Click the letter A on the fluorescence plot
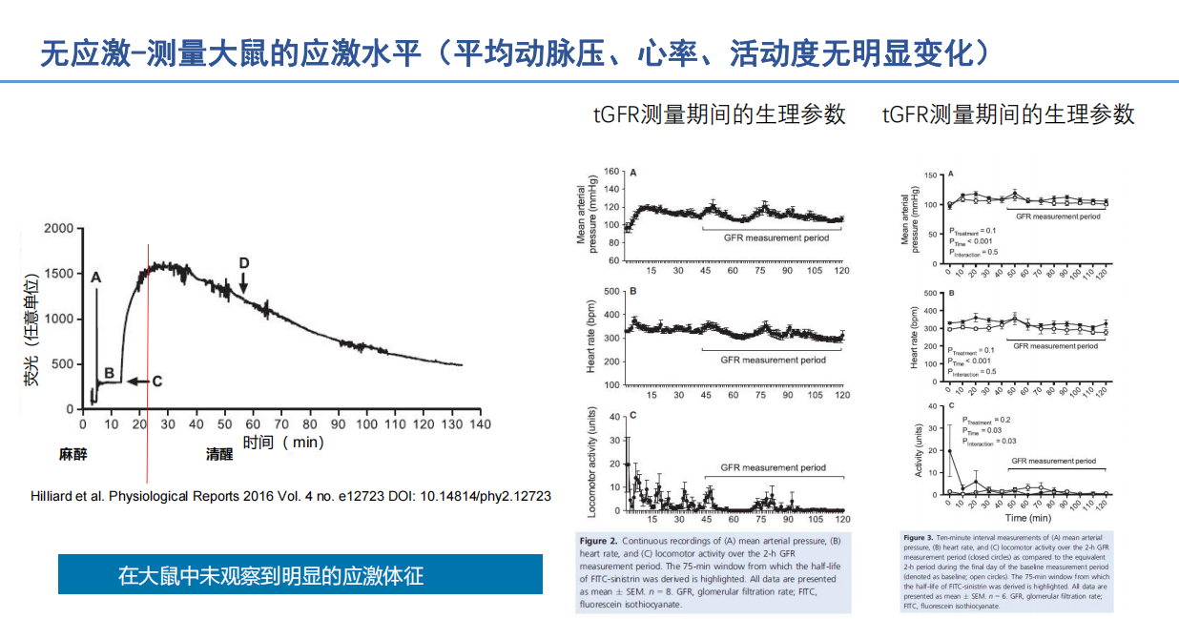pos(95,277)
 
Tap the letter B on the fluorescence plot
pos(109,373)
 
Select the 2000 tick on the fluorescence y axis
pos(58,229)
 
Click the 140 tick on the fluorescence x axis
pos(480,423)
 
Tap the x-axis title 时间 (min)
pos(283,442)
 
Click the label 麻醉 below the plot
pos(72,455)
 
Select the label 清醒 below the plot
pos(219,455)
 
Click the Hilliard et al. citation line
pos(291,497)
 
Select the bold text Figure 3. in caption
pos(920,537)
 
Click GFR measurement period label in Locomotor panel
pos(774,468)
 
